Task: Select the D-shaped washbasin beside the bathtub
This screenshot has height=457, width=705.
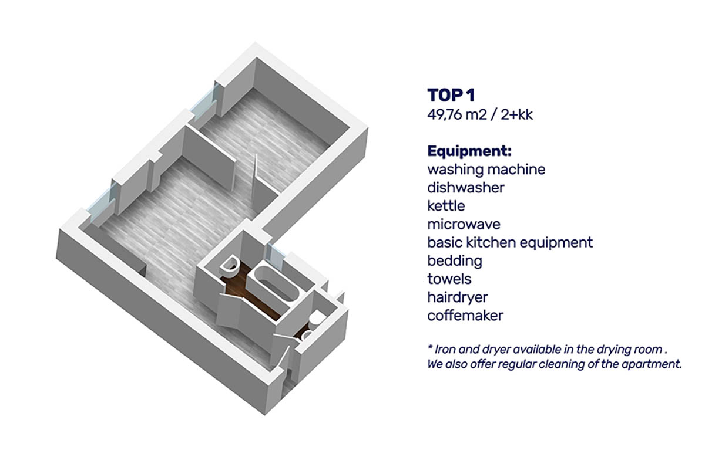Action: pyautogui.click(x=230, y=266)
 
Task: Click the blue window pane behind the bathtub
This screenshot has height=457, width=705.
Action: pyautogui.click(x=275, y=256)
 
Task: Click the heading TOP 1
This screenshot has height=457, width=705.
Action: pyautogui.click(x=451, y=95)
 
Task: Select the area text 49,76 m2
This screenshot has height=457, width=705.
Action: pyautogui.click(x=457, y=115)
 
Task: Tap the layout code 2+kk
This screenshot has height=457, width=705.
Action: pyautogui.click(x=517, y=115)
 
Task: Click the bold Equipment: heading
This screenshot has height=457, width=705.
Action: pyautogui.click(x=469, y=151)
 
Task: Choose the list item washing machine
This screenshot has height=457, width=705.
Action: pyautogui.click(x=486, y=170)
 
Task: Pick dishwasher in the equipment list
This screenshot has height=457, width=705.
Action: pyautogui.click(x=466, y=188)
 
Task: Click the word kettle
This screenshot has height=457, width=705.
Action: pyautogui.click(x=446, y=206)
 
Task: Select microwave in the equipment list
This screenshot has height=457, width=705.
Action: pyautogui.click(x=464, y=224)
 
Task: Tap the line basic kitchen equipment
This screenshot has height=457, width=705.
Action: pyautogui.click(x=510, y=243)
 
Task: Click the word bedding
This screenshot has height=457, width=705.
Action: pyautogui.click(x=455, y=261)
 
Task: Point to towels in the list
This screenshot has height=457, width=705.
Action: pyautogui.click(x=449, y=279)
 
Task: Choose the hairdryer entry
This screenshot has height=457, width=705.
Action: pyautogui.click(x=458, y=297)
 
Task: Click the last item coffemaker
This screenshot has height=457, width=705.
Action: pyautogui.click(x=465, y=315)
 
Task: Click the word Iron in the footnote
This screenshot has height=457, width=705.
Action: pyautogui.click(x=443, y=349)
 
